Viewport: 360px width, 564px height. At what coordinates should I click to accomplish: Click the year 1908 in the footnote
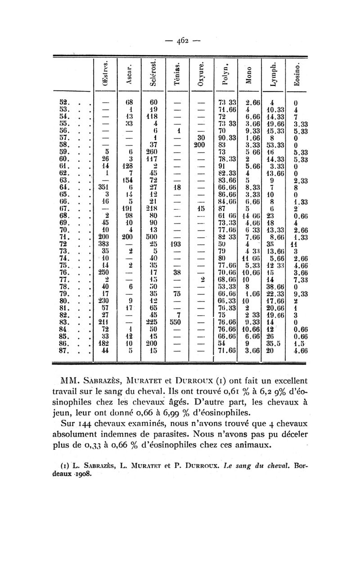coord(81,475)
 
